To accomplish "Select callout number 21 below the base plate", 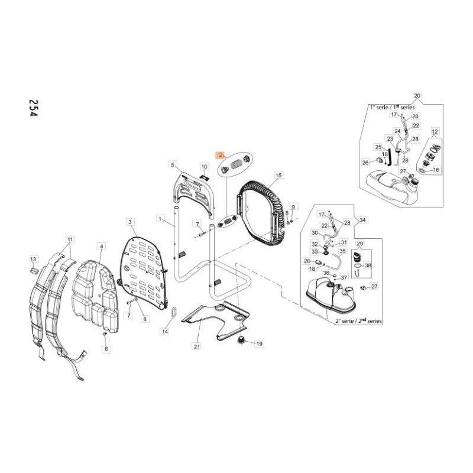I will (197, 346).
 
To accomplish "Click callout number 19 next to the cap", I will (258, 344).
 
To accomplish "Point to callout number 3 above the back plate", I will (130, 222).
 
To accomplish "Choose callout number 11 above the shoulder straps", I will (70, 239).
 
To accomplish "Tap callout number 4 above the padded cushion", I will (101, 246).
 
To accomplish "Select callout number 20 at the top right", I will (417, 96).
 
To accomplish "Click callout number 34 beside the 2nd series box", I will (363, 221).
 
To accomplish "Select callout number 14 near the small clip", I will (165, 332).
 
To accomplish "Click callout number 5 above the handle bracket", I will (173, 164).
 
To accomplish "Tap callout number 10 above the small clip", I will (204, 167).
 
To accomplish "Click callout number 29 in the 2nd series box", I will (360, 244).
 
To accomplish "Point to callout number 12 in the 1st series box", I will (435, 131).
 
